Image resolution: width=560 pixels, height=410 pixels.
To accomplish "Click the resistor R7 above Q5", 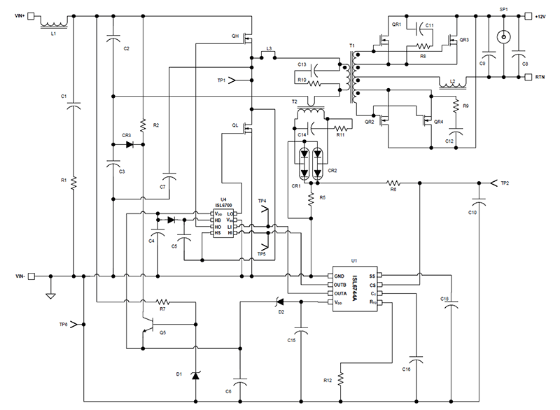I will pyautogui.click(x=162, y=302).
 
